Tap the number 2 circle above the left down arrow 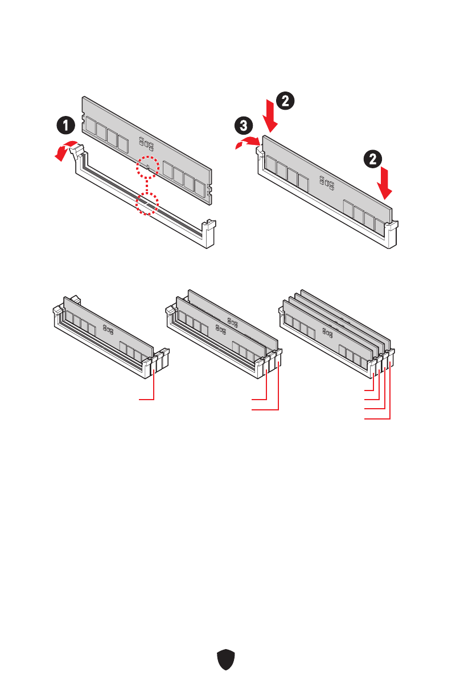[286, 101]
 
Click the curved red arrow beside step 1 [65, 148]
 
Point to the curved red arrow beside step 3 [246, 143]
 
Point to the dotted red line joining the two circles [147, 185]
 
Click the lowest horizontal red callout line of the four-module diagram [378, 419]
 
